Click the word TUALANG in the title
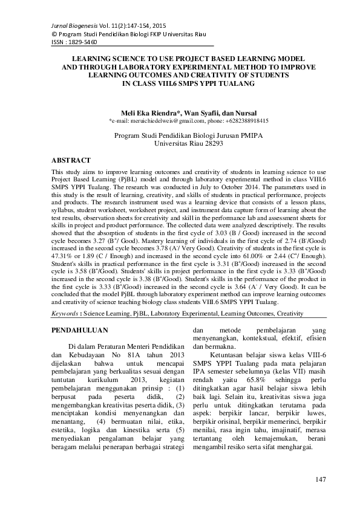[231, 85]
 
